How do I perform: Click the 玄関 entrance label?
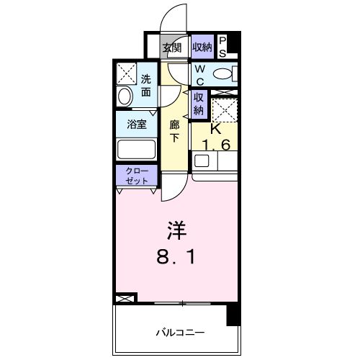pyautogui.click(x=171, y=48)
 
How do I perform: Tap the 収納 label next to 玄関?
pyautogui.click(x=202, y=48)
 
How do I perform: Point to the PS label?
pyautogui.click(x=222, y=47)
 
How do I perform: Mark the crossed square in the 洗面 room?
pyautogui.click(x=127, y=73)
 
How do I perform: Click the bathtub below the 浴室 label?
pyautogui.click(x=137, y=150)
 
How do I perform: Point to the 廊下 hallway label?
pyautogui.click(x=174, y=131)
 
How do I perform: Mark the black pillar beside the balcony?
pyautogui.click(x=233, y=314)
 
